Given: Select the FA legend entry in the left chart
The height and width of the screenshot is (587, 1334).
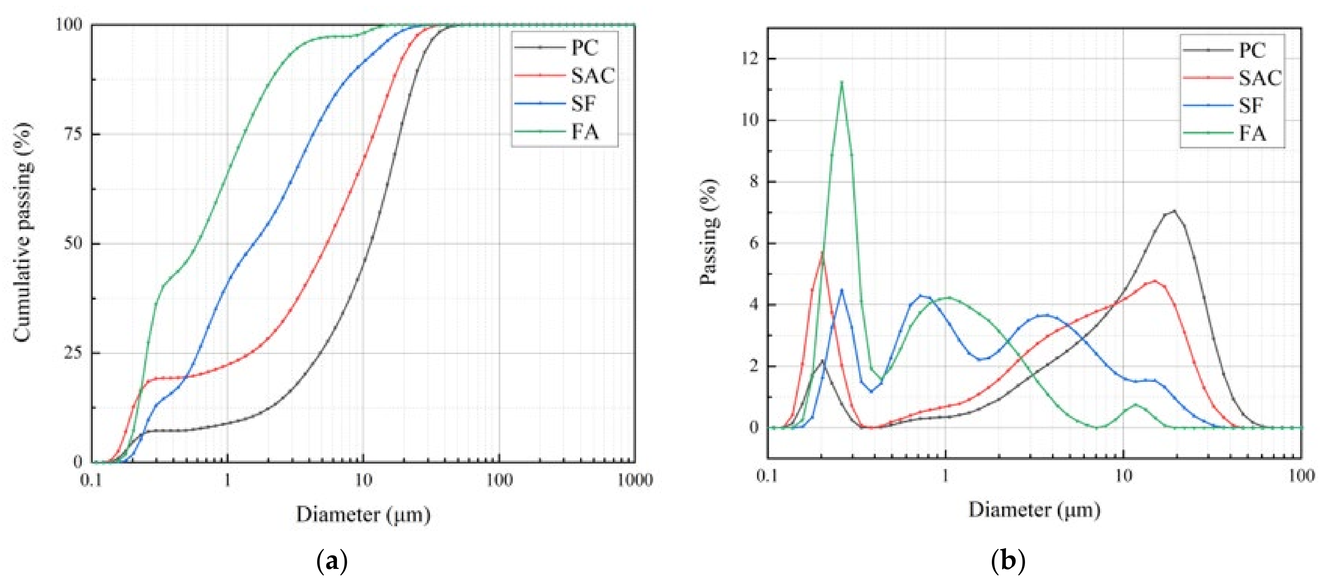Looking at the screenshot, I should [x=584, y=132].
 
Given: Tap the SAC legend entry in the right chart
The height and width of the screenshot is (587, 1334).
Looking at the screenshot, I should [x=1259, y=78].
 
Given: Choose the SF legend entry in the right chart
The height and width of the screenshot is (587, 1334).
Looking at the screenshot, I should [x=1250, y=106].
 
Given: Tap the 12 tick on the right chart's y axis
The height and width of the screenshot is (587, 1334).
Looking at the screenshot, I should [x=749, y=58].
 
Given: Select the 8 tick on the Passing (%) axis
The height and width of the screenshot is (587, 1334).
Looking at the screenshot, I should [x=754, y=181].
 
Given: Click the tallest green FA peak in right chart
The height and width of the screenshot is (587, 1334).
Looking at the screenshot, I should [x=841, y=82].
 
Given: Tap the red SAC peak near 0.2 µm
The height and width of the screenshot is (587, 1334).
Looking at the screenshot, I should [x=822, y=253].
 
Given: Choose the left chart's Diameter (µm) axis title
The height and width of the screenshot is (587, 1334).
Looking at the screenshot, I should [x=363, y=514].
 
